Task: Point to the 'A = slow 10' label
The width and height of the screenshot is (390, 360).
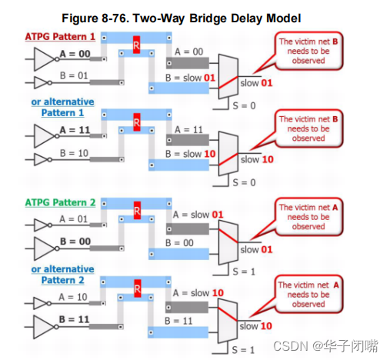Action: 198,292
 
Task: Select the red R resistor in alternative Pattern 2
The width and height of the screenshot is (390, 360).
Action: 135,290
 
